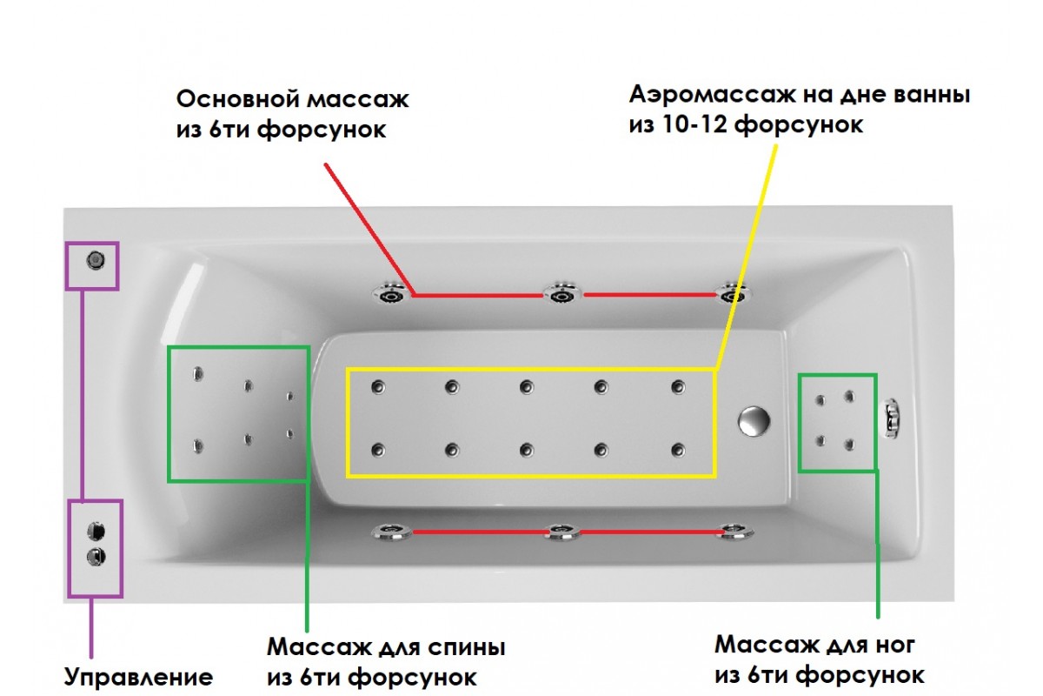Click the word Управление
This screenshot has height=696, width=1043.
point(139,678)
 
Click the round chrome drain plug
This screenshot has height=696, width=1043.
point(753,420)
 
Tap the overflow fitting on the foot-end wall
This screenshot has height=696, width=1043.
point(892,417)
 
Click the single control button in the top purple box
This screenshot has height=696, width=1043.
point(95,258)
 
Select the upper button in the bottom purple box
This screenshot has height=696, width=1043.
point(96,530)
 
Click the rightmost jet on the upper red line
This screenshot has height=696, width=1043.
point(731,293)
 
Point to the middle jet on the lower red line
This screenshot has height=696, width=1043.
point(562,532)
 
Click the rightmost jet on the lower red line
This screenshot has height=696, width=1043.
point(733,532)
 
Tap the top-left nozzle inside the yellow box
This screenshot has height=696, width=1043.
point(377,387)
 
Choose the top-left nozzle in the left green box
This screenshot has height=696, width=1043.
point(198,374)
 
